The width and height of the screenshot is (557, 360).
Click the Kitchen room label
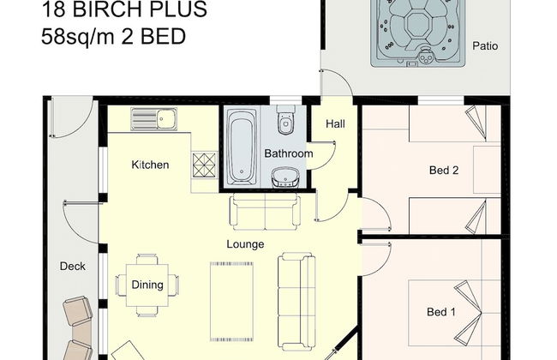pyautogui.click(x=150, y=165)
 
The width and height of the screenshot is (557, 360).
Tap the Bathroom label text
pyautogui.click(x=289, y=153)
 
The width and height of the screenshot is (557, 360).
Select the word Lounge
pyautogui.click(x=245, y=244)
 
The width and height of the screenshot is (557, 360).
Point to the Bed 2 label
pyautogui.click(x=444, y=171)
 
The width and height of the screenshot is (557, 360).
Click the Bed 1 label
pyautogui.click(x=441, y=312)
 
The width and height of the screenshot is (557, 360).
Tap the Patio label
pyautogui.click(x=485, y=45)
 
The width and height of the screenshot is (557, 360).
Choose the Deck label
pyautogui.click(x=73, y=267)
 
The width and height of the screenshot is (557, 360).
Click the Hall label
pyautogui.click(x=335, y=124)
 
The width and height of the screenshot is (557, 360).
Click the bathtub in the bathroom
pyautogui.click(x=241, y=147)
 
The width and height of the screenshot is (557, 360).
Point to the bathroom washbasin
pyautogui.click(x=285, y=177)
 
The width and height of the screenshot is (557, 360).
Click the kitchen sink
pyautogui.click(x=153, y=119)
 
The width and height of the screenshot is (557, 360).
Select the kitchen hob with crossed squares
pyautogui.click(x=204, y=165)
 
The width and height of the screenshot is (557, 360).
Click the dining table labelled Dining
pyautogui.click(x=147, y=285)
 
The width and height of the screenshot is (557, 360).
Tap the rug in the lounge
pyautogui.click(x=231, y=302)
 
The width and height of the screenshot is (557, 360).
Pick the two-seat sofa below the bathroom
pyautogui.click(x=266, y=212)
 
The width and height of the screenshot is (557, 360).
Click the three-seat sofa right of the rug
pyautogui.click(x=296, y=301)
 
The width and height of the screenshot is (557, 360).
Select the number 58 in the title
pyautogui.click(x=52, y=37)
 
